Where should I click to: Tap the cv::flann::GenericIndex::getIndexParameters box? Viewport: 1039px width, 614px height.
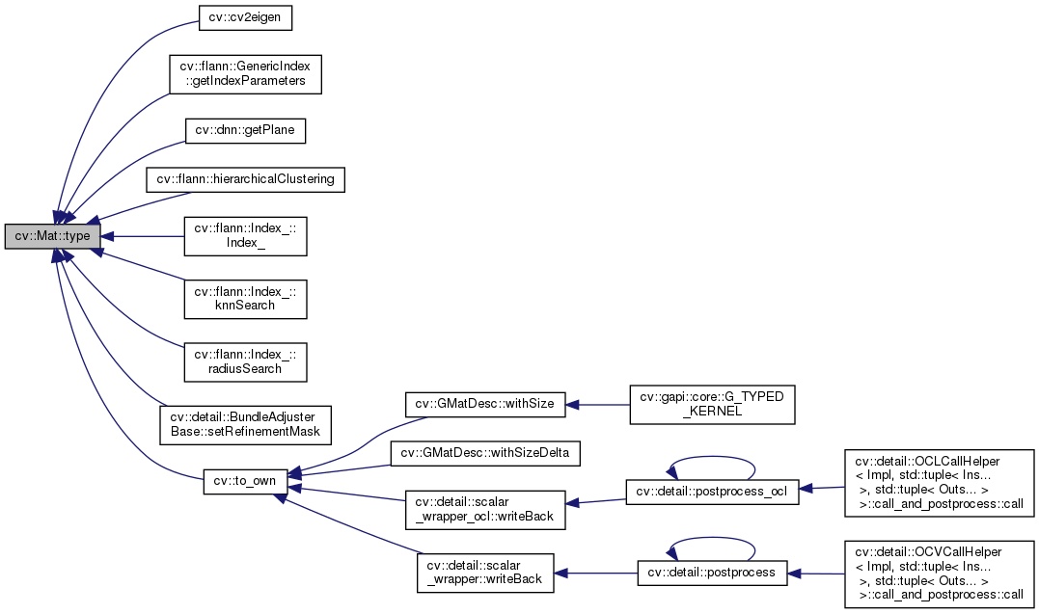click(x=245, y=74)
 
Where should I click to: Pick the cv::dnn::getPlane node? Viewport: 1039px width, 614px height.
click(x=245, y=129)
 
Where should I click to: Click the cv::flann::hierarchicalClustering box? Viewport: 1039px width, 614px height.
click(x=245, y=179)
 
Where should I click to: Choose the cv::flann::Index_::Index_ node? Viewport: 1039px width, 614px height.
click(x=245, y=236)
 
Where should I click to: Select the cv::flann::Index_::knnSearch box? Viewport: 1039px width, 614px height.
click(x=245, y=298)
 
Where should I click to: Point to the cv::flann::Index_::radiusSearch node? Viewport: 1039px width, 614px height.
click(x=245, y=361)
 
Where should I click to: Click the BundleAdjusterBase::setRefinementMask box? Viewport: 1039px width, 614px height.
click(x=245, y=423)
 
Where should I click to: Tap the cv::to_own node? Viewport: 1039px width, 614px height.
click(x=245, y=481)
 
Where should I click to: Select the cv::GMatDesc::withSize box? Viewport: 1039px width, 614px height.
click(x=478, y=404)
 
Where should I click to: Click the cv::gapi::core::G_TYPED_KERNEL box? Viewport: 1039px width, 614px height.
click(x=712, y=404)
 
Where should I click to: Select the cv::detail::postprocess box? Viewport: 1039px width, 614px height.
click(x=712, y=574)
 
